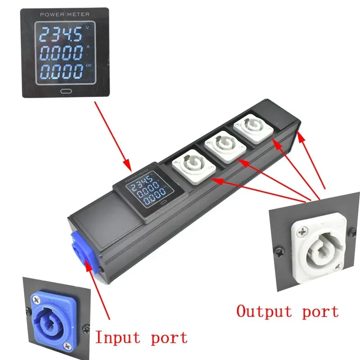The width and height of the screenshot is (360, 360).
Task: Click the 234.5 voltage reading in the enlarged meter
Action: pyautogui.click(x=56, y=35)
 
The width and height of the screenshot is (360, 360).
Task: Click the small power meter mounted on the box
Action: pyautogui.click(x=144, y=192)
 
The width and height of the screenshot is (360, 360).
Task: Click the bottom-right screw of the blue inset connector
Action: pyautogui.click(x=68, y=345)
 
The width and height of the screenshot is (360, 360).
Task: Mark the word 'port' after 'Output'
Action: pyautogui.click(x=320, y=311)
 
